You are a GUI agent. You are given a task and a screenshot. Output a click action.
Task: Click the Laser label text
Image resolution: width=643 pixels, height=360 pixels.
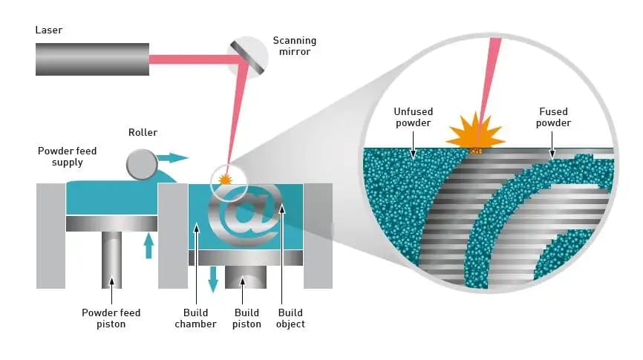tap(48, 30)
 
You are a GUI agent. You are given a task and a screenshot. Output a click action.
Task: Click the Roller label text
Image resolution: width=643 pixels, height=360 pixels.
tap(142, 133)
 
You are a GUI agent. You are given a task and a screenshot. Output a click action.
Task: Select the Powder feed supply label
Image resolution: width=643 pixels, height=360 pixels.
tap(67, 157)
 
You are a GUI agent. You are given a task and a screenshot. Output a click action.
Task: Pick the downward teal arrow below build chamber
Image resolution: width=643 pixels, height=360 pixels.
tap(214, 277)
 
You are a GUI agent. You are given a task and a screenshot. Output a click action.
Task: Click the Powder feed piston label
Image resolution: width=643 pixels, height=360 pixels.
tap(111, 318)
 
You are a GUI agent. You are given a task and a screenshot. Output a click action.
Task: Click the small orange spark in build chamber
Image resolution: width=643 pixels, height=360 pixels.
tap(224, 180)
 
